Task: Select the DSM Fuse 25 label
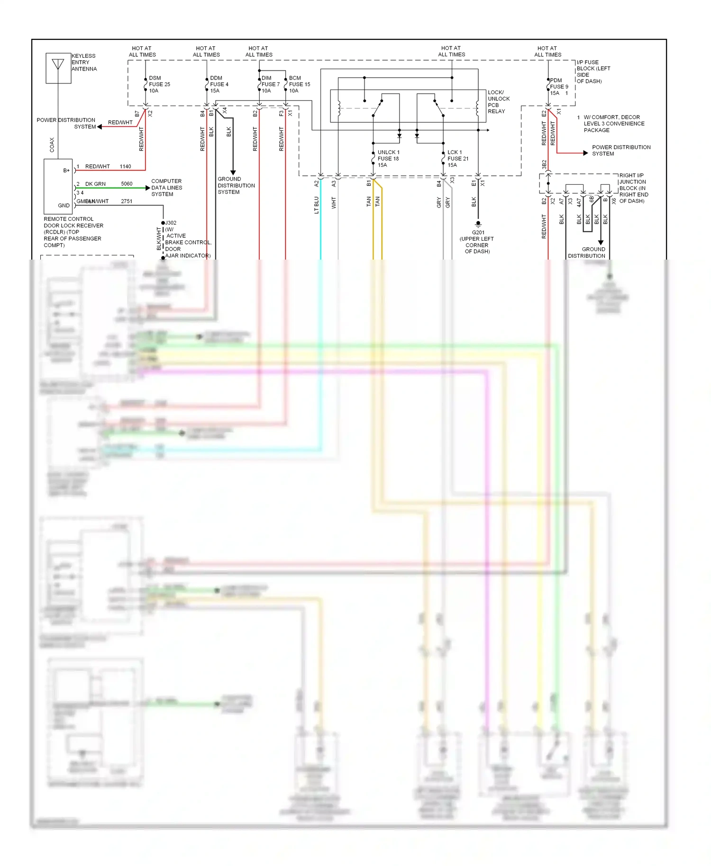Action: [x=159, y=84]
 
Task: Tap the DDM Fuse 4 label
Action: [x=219, y=84]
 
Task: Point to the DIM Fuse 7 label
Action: [x=270, y=84]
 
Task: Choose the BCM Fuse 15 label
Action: [x=299, y=84]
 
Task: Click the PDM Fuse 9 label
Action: [x=559, y=87]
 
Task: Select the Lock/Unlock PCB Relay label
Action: [x=499, y=102]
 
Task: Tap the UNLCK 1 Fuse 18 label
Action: [x=388, y=159]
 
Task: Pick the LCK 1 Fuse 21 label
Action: [x=457, y=159]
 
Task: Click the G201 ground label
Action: [x=478, y=233]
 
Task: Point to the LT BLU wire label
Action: [x=317, y=205]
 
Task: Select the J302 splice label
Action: [x=171, y=223]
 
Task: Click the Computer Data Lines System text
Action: [x=166, y=188]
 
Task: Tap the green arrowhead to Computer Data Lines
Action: [x=147, y=188]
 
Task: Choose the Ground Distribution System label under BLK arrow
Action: [x=236, y=186]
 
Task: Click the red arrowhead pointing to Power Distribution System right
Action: [x=585, y=153]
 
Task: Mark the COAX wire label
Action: [x=52, y=145]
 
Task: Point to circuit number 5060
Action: [x=127, y=184]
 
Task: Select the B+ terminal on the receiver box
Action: [x=66, y=171]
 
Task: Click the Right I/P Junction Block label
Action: [x=633, y=188]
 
